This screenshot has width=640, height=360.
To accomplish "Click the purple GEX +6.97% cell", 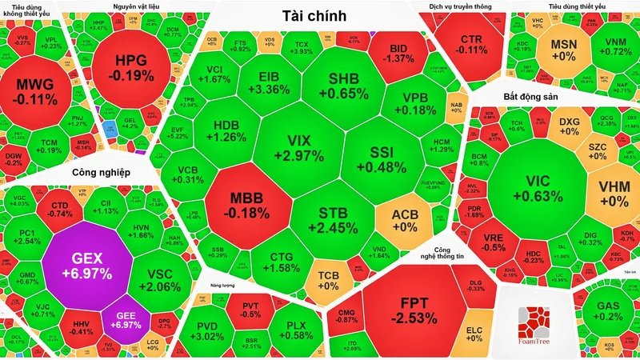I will pyautogui.click(x=87, y=267).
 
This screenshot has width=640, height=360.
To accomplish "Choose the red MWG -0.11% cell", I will pyautogui.click(x=37, y=92).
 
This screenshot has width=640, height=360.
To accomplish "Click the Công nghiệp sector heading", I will pyautogui.click(x=100, y=171).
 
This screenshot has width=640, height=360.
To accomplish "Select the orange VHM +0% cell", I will pyautogui.click(x=615, y=193).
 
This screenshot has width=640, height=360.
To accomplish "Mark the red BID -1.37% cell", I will pyautogui.click(x=398, y=54).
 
